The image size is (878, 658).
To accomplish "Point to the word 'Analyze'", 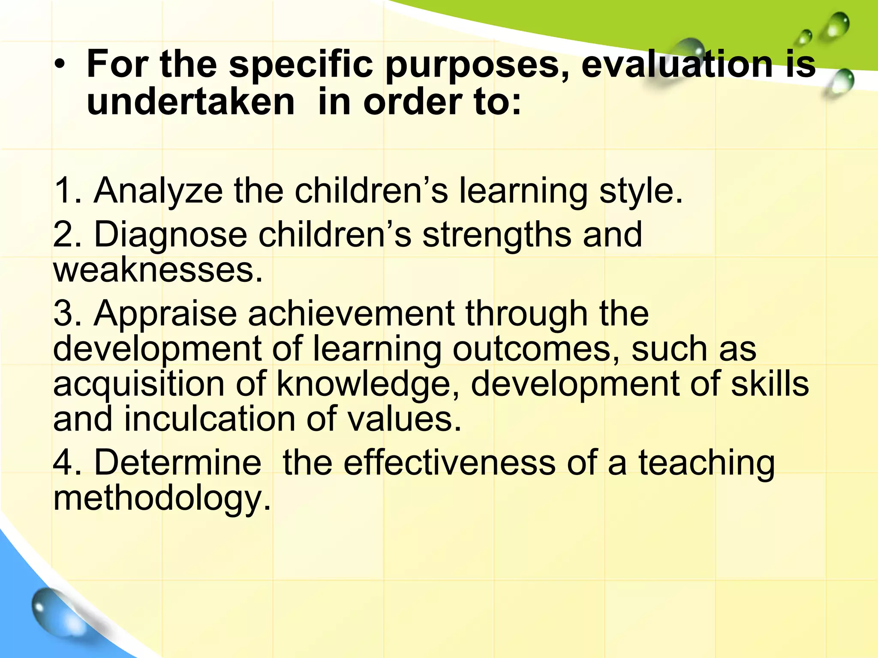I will pos(158,191).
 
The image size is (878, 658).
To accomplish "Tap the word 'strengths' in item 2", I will pos(496,236).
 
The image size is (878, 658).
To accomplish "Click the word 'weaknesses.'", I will pos(158,270).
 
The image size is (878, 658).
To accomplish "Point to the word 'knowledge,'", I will pos(368,384).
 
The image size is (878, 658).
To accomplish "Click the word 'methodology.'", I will pos(162,499).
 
